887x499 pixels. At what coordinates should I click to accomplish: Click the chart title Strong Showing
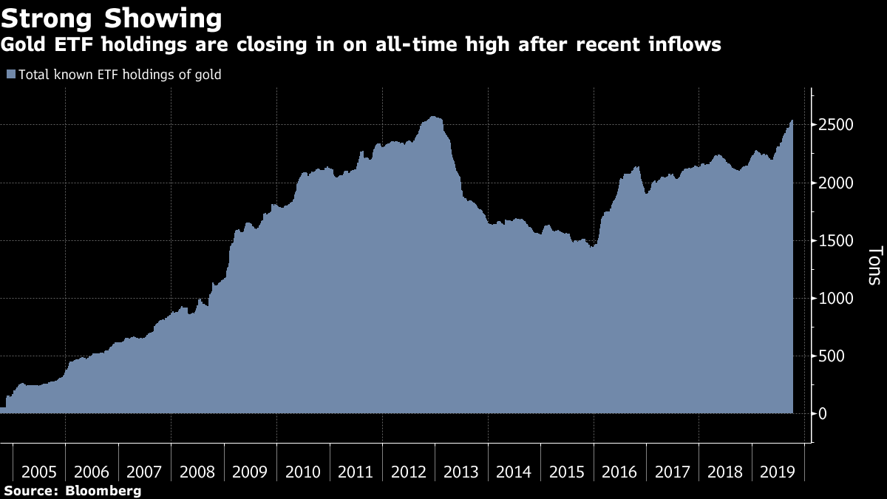(111, 17)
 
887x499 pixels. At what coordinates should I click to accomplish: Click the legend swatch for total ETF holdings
(10, 75)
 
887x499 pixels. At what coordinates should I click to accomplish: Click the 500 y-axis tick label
(832, 356)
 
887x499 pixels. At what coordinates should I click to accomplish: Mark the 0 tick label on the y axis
(822, 414)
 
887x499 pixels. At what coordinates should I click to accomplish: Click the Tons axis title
(873, 265)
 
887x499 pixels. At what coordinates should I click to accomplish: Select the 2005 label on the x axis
(40, 472)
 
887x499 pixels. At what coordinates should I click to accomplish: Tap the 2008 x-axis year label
(197, 472)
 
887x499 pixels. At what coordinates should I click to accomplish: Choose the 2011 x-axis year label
(356, 472)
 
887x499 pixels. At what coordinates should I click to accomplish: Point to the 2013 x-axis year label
(461, 472)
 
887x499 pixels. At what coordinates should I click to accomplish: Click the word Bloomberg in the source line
(103, 491)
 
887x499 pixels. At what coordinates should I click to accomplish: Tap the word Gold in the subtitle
(22, 45)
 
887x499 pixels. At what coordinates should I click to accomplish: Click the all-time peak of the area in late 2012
(433, 117)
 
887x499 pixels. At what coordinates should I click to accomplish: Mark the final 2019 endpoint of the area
(792, 120)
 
